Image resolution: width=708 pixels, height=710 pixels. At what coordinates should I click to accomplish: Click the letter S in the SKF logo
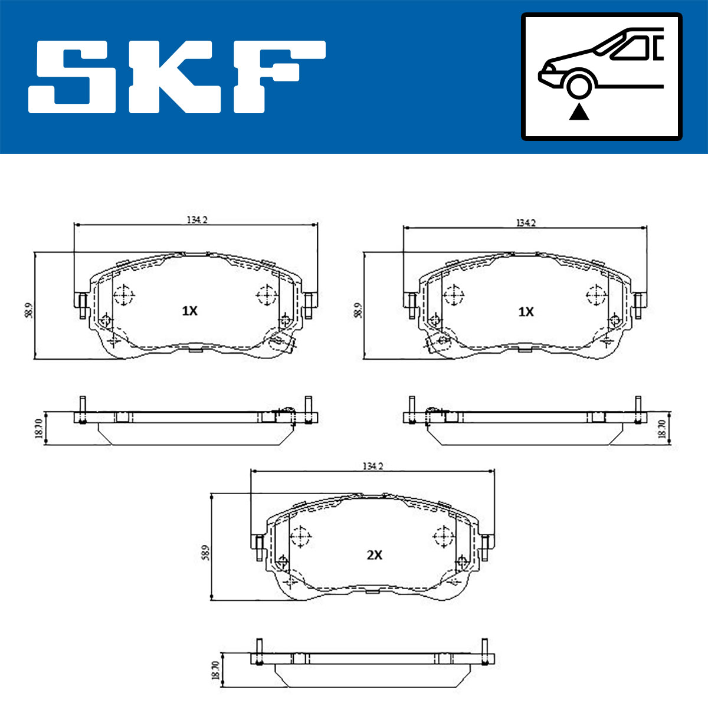coord(72,77)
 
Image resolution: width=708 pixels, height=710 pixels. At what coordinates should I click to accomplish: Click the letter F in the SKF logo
coord(279,77)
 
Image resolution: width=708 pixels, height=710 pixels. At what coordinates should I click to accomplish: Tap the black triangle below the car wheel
coord(579,112)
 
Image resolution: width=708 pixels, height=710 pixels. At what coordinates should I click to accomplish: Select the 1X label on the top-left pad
coord(190,311)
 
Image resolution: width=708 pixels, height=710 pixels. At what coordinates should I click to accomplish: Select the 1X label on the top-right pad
coord(526,312)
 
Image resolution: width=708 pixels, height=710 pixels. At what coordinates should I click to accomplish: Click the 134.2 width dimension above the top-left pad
coord(197,220)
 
